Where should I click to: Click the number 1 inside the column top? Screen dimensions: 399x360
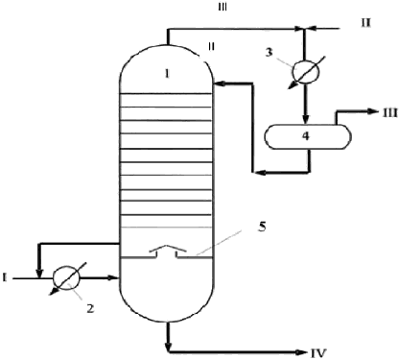click(x=166, y=74)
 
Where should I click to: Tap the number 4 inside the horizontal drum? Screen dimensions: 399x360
click(x=306, y=136)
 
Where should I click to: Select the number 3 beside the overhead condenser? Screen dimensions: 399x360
click(x=270, y=52)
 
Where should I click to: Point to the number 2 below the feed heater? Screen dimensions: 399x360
click(x=90, y=308)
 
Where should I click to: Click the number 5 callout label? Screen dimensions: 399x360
click(x=262, y=227)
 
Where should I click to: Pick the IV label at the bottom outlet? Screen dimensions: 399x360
click(x=318, y=353)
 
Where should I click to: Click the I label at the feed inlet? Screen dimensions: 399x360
click(x=5, y=277)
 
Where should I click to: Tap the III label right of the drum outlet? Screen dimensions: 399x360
click(x=388, y=112)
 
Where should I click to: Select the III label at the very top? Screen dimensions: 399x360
click(x=223, y=8)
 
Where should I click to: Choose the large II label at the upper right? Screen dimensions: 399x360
click(x=365, y=23)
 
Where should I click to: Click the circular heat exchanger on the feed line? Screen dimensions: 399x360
click(x=66, y=277)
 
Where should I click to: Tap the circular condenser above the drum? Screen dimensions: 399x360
click(x=306, y=71)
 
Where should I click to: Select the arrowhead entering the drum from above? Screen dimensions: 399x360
click(x=306, y=118)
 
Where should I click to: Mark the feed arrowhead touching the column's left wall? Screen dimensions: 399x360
click(x=113, y=277)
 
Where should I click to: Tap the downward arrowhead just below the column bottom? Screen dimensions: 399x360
click(x=169, y=347)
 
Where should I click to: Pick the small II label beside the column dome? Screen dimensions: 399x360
click(x=211, y=47)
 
